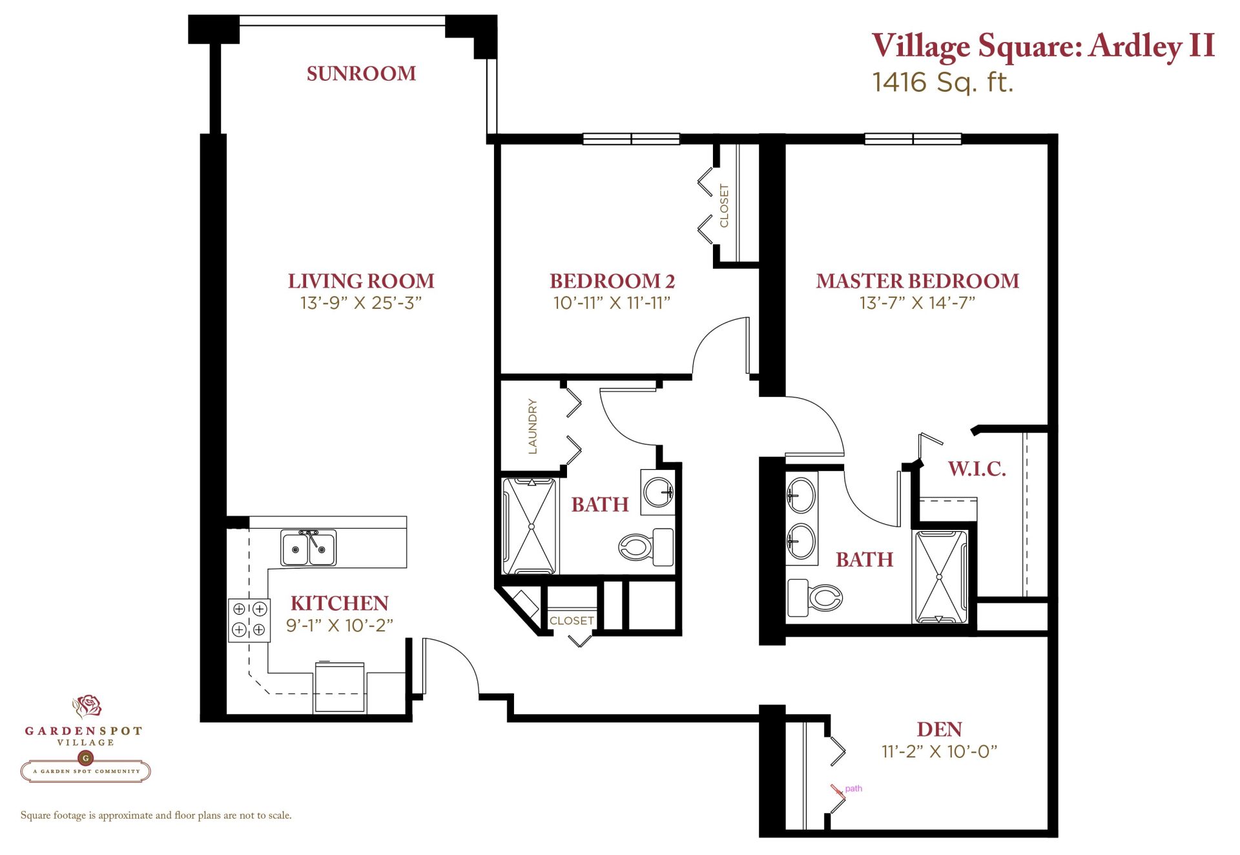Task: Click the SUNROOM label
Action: click(361, 74)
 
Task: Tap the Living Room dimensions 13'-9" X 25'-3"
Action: click(361, 302)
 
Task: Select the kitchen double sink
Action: click(309, 548)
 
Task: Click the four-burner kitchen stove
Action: click(249, 620)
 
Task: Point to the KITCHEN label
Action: click(340, 603)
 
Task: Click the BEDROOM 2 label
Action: click(612, 281)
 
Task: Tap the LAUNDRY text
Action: click(533, 426)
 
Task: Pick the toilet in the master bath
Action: click(815, 598)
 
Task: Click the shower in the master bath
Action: click(940, 576)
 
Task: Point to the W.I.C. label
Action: click(977, 469)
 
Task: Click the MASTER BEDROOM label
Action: click(918, 281)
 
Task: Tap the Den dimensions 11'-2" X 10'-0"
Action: click(940, 752)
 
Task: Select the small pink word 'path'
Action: click(853, 788)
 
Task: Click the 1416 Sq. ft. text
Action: click(943, 83)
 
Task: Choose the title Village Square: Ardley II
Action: click(1044, 46)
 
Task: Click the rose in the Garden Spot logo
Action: click(87, 706)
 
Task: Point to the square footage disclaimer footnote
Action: click(156, 816)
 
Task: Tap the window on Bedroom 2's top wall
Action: click(631, 139)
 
